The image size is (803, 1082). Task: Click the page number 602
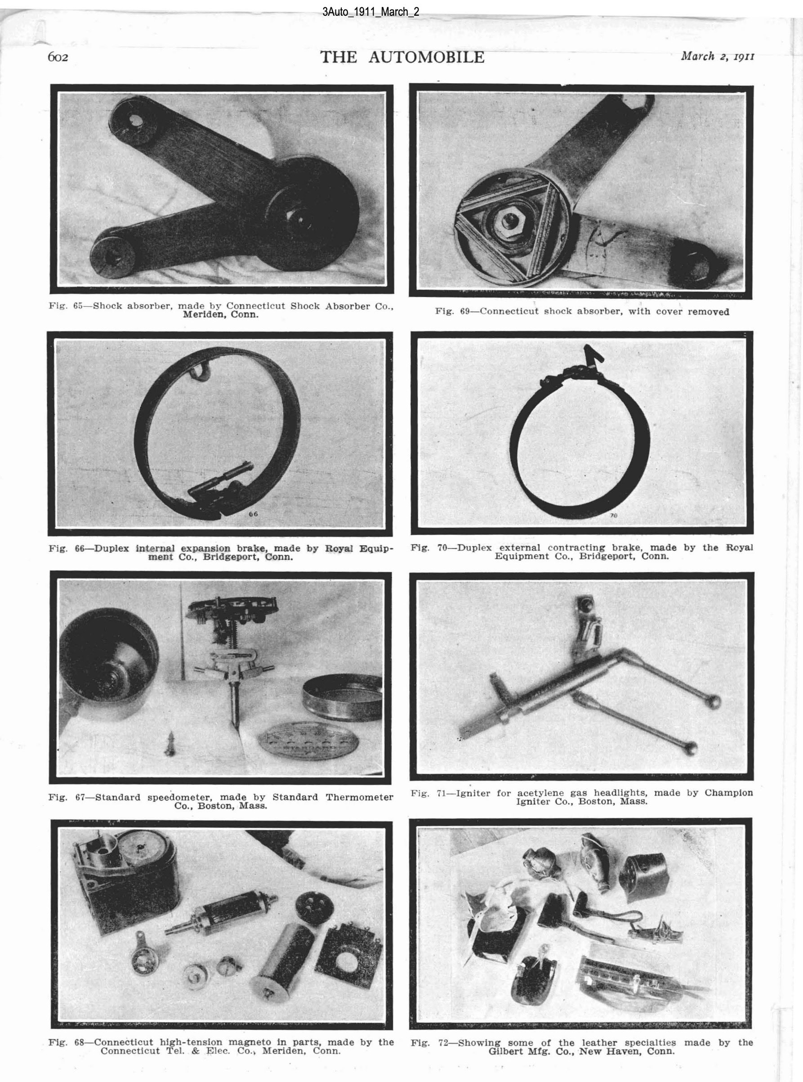click(58, 58)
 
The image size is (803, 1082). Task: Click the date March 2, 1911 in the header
click(718, 56)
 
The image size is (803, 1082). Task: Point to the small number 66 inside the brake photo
click(254, 513)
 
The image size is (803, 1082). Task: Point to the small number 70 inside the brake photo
click(613, 515)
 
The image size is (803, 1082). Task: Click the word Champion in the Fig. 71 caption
click(729, 793)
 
